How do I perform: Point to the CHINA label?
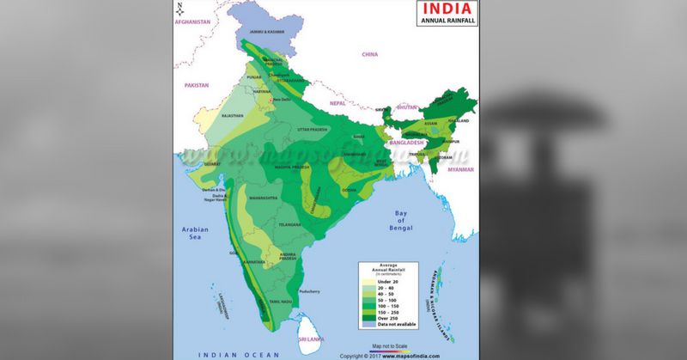369,54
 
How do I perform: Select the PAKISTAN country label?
197,86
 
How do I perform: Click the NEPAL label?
337,101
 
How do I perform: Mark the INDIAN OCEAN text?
228,353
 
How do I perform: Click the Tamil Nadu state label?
280,302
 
